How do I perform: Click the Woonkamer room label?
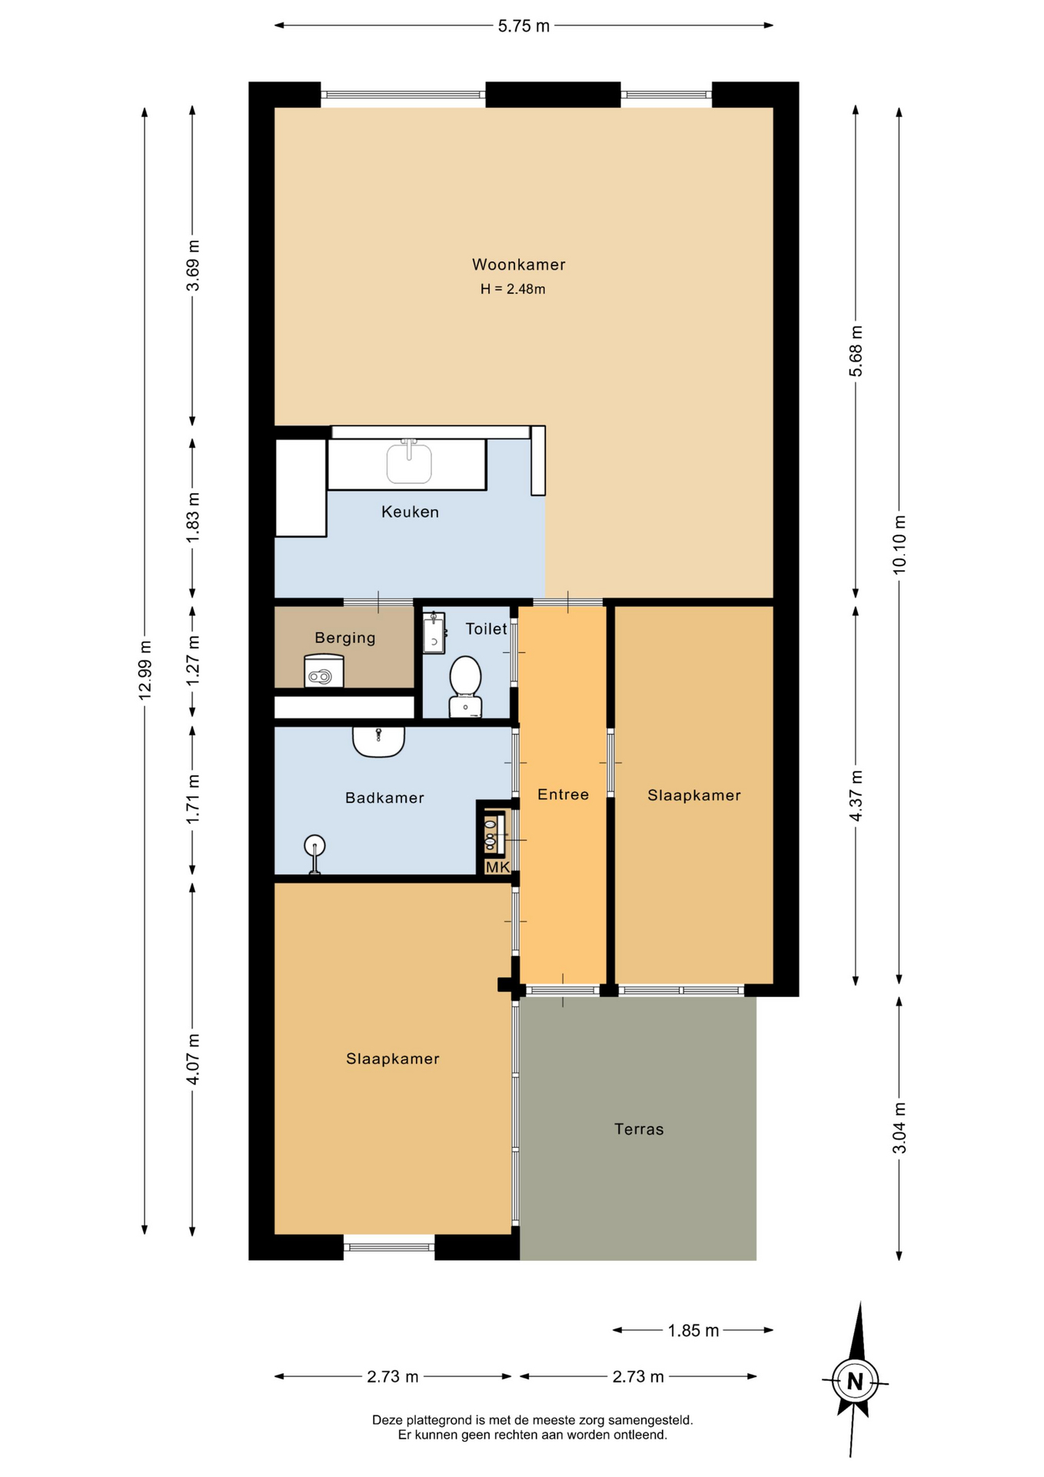pos(518,265)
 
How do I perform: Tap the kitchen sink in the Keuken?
pos(409,462)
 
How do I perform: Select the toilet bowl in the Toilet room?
pos(465,686)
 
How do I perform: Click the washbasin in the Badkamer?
pos(378,742)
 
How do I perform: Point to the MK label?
pos(497,867)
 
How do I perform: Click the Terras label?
pos(639,1129)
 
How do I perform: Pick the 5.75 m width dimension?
pos(524,26)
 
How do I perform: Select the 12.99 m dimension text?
pos(145,669)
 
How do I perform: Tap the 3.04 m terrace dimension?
pos(899,1128)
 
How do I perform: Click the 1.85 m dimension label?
pos(693,1331)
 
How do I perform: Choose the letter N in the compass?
pos(855,1382)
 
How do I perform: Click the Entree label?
pos(563,795)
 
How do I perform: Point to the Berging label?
pos(345,638)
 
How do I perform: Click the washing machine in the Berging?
pos(324,670)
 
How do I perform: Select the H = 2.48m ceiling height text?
pos(513,289)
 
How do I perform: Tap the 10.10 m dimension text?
pos(899,544)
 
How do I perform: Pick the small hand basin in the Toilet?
pos(434,632)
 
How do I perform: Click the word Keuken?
pos(410,512)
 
